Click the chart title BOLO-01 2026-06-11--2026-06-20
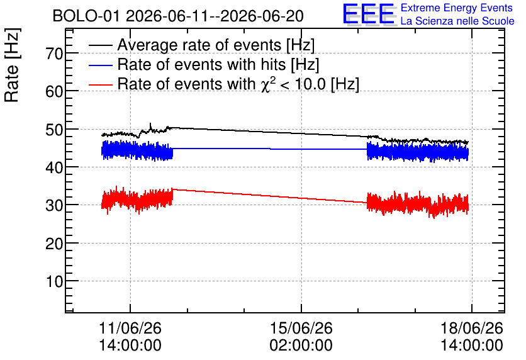pos(178,16)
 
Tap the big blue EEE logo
pos(369,14)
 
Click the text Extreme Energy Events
pos(457,8)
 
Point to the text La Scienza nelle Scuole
pos(457,21)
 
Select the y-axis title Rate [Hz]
pos(12,65)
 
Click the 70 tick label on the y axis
pos(54,53)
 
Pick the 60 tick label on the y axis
pos(54,91)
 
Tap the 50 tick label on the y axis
pos(54,129)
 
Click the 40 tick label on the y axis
pos(54,167)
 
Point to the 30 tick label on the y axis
pos(54,205)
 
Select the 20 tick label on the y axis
pos(54,243)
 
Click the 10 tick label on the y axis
pos(54,281)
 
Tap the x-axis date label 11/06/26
pos(130,328)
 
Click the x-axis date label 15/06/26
pos(301,328)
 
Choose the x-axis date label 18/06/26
pos(472,328)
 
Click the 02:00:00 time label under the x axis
pos(301,345)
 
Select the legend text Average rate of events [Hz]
pos(216,45)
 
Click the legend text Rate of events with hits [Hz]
pos(218,64)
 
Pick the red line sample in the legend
pos(101,84)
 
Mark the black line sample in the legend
pos(101,45)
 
